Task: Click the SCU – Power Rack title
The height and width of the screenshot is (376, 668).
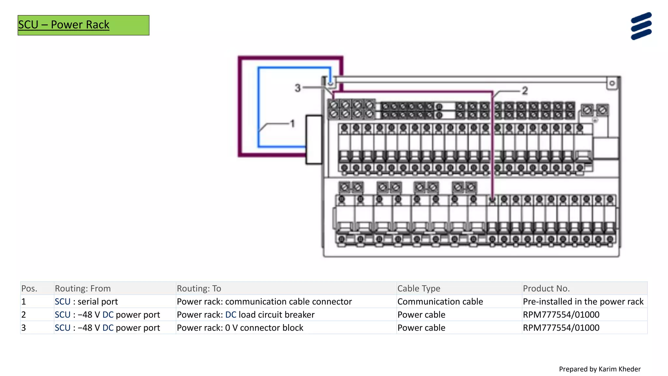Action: [64, 25]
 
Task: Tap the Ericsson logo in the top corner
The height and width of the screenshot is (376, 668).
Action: [641, 26]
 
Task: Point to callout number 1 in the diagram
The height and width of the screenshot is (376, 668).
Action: [293, 124]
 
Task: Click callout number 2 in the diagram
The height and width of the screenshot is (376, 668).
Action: [524, 91]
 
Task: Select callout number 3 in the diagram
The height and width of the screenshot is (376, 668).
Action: [297, 88]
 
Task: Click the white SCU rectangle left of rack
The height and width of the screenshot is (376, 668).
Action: [314, 139]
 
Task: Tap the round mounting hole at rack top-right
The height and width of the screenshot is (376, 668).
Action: [612, 83]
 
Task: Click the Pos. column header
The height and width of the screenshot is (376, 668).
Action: [29, 289]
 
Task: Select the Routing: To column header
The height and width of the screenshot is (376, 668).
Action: [199, 289]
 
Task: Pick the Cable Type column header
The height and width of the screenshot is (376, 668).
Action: [419, 289]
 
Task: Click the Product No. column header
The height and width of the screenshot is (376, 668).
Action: [546, 289]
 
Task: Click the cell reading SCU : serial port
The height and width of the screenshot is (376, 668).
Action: [86, 302]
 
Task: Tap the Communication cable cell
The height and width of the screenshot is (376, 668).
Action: [440, 302]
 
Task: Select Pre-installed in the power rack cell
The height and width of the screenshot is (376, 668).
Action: [583, 302]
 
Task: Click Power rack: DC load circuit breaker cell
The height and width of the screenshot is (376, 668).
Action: [246, 315]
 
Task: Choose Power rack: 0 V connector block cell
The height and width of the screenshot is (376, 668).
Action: [240, 328]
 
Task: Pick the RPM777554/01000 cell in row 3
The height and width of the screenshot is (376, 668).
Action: [561, 328]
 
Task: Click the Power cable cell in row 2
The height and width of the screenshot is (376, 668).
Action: [421, 315]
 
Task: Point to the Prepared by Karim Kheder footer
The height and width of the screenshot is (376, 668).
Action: [600, 369]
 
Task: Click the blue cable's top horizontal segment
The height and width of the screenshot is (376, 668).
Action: [294, 68]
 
